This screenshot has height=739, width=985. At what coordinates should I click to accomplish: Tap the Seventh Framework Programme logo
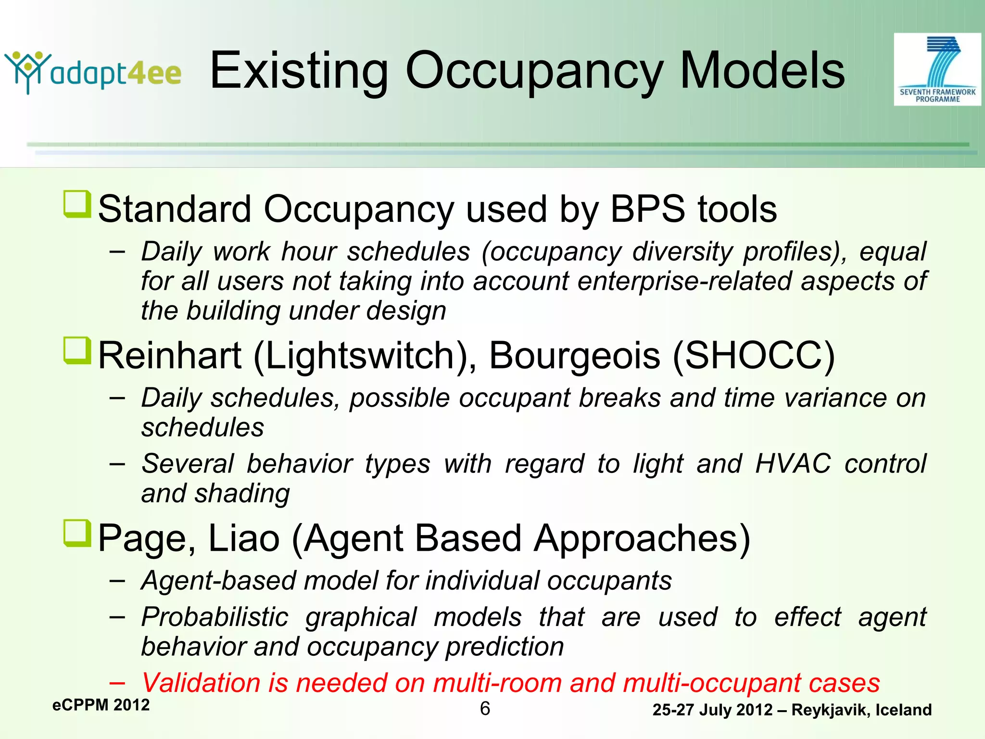click(x=937, y=69)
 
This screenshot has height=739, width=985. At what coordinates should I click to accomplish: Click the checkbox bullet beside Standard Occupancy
click(x=77, y=204)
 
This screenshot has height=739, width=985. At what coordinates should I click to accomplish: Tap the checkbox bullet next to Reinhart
click(x=77, y=350)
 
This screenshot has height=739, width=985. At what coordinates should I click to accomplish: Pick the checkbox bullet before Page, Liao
click(x=77, y=533)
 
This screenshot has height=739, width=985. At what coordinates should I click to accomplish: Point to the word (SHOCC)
click(x=753, y=356)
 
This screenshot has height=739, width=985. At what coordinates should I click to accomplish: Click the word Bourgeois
click(x=575, y=356)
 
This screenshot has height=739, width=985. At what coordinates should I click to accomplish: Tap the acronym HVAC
click(x=793, y=464)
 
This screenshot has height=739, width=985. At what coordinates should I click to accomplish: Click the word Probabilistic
click(x=215, y=617)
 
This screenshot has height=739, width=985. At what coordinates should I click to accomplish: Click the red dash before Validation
click(x=117, y=683)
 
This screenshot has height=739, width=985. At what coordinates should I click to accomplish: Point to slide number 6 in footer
click(x=485, y=709)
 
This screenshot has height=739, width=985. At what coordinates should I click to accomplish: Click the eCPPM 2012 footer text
click(x=101, y=705)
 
